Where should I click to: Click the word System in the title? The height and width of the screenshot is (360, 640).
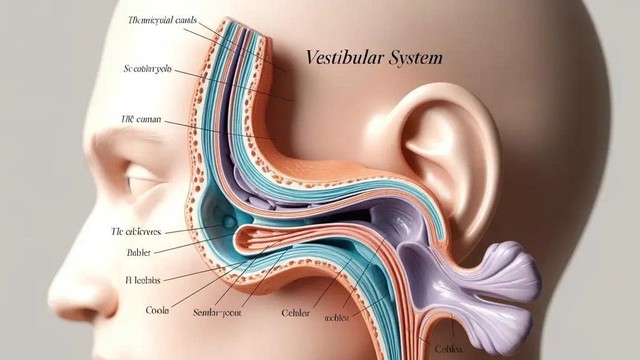[412, 58]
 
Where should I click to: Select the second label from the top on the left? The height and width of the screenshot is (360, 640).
[148, 70]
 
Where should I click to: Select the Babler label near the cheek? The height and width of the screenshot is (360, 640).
[139, 253]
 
